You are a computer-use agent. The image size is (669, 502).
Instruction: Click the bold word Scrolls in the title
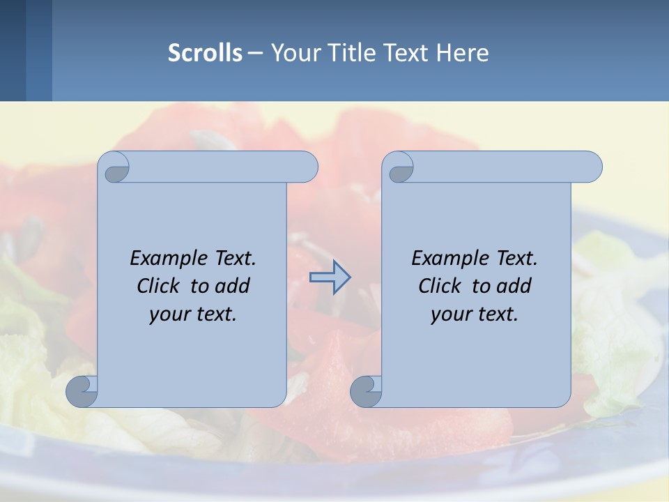tap(205, 52)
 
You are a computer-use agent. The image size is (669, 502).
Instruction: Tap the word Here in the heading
tap(463, 52)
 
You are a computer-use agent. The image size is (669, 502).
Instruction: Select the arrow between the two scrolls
tap(330, 277)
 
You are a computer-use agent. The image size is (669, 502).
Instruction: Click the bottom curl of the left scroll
tap(82, 391)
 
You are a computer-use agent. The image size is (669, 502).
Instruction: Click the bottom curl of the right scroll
tap(365, 391)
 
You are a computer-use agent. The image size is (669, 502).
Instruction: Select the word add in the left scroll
tap(233, 286)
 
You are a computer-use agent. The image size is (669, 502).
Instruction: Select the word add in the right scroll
tap(515, 286)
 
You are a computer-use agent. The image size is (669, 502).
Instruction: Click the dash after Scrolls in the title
tap(255, 52)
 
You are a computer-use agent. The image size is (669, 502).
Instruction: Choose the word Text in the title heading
tap(403, 52)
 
